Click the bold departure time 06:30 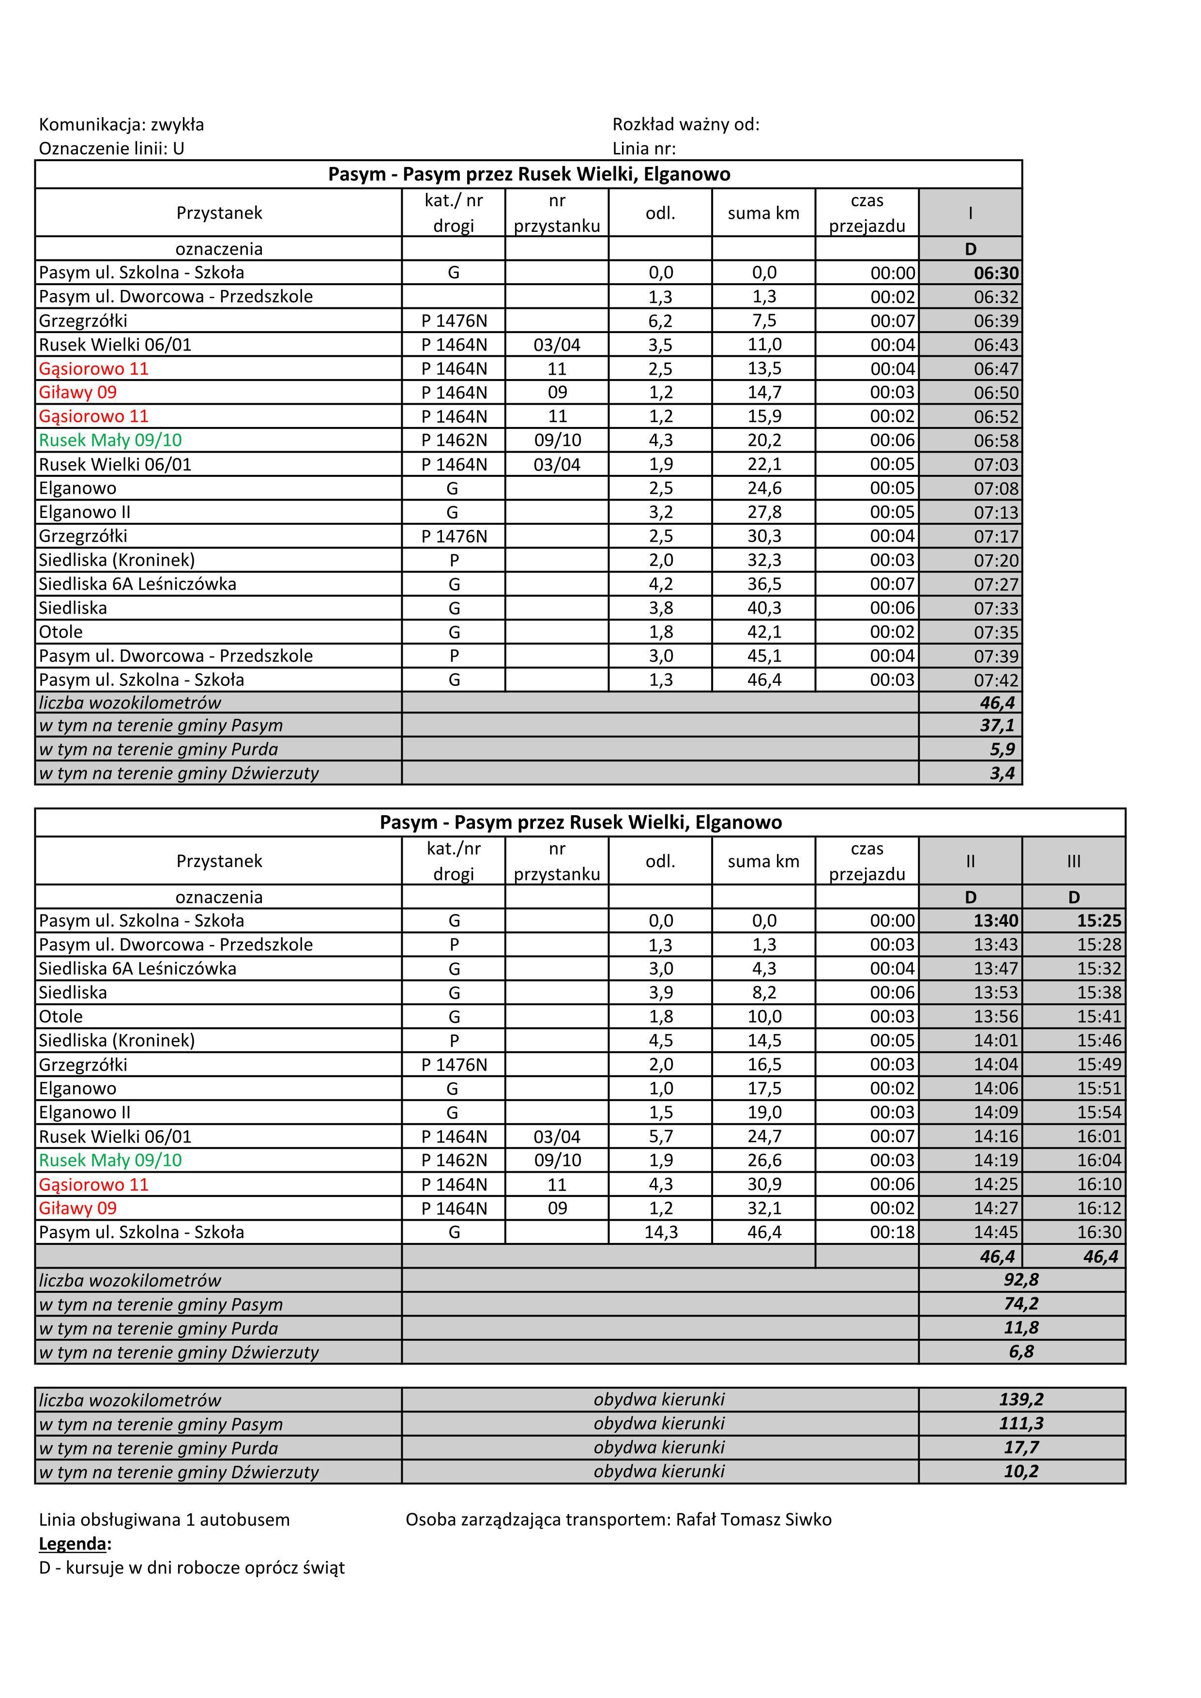[x=995, y=273]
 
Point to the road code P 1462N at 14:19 [x=454, y=1160]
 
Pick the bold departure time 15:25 [x=1098, y=921]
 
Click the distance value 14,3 [x=660, y=1232]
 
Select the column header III [x=1074, y=861]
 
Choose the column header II [x=970, y=861]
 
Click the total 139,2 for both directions [x=1020, y=1399]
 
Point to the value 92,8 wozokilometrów [x=1020, y=1280]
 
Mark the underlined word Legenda [x=75, y=1544]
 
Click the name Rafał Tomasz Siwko [x=754, y=1520]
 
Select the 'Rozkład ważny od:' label [x=685, y=124]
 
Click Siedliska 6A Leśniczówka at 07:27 [x=137, y=584]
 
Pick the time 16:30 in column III [x=1098, y=1232]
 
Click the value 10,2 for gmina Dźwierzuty [x=1020, y=1471]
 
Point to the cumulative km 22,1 [x=764, y=465]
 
